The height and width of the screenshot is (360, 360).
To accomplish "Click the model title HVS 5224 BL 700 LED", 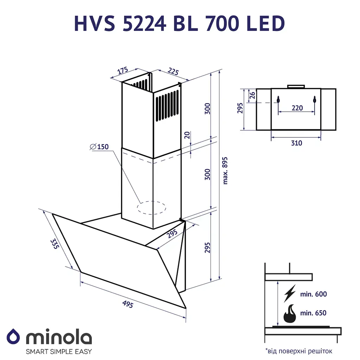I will point(179,24).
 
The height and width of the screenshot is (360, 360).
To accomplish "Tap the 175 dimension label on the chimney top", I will point(122,71).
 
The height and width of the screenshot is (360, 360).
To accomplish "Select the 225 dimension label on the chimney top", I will point(173,72).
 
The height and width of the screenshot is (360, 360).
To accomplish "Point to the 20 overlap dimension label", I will point(187,135).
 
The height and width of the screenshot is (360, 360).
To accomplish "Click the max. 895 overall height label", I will point(225,170).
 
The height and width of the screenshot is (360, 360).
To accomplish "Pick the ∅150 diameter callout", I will point(99,147).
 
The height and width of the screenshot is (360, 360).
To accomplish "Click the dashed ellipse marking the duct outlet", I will point(152,207).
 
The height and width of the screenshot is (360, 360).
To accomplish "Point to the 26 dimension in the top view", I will point(251,95).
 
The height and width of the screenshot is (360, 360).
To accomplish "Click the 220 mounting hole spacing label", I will point(297,108).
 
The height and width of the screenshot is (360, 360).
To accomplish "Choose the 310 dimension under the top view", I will point(296,143).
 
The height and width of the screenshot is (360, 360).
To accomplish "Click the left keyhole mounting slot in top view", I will point(278,100).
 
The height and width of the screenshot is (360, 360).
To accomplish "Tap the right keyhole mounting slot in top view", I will point(315,100).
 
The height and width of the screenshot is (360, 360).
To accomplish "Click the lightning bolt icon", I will point(290,294).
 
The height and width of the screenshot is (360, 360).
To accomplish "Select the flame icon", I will point(290,314).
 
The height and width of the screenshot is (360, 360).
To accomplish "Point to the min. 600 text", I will point(314,294).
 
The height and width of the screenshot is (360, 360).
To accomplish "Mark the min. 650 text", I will point(314,313).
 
